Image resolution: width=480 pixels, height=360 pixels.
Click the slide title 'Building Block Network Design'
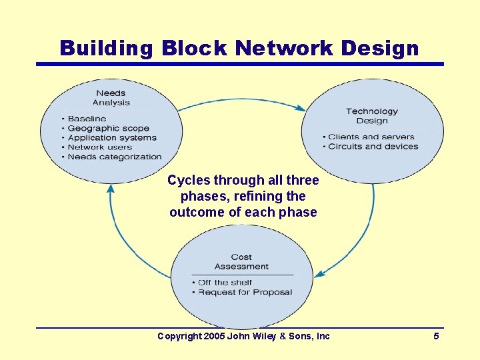click(239, 48)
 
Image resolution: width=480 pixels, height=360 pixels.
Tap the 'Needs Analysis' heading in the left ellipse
click(111, 98)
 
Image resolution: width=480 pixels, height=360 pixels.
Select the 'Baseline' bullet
click(87, 119)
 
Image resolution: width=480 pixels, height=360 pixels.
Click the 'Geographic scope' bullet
click(108, 128)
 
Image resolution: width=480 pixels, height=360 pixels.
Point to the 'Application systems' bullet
click(112, 138)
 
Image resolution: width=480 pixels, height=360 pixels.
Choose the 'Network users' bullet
click(100, 147)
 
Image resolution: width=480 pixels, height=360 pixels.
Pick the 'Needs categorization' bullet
click(115, 157)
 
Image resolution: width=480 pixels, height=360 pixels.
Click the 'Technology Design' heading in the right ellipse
click(371, 116)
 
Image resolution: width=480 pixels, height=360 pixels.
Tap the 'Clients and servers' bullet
click(371, 137)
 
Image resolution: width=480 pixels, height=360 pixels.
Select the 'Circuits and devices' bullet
click(373, 147)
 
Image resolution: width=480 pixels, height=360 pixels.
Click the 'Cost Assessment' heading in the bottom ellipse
click(241, 261)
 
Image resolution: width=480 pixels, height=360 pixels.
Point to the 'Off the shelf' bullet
click(225, 282)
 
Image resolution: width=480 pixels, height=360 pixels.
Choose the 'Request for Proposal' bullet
click(245, 292)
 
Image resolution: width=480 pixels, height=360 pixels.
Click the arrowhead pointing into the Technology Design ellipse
click(302, 108)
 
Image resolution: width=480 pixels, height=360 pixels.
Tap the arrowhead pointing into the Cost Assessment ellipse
click(319, 273)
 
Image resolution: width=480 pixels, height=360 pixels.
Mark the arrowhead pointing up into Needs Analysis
click(111, 189)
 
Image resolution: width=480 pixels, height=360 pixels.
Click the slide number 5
click(436, 336)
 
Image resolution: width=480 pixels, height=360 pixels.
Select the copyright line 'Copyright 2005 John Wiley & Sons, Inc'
click(243, 336)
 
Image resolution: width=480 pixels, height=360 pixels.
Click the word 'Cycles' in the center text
click(189, 181)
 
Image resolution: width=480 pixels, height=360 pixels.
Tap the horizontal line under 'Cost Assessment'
click(242, 275)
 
